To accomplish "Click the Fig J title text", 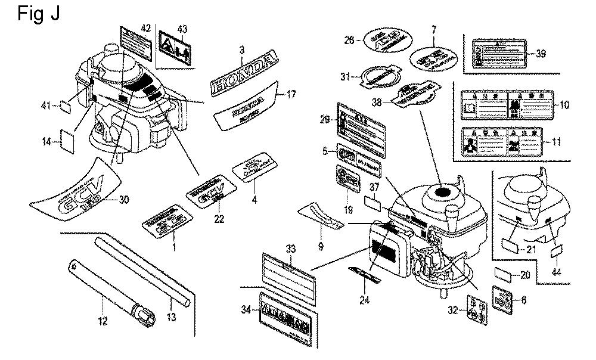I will tap(39, 13).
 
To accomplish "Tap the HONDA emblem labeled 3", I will tap(244, 73).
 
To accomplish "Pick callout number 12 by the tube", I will tap(103, 321).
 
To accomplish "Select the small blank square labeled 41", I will tap(66, 107).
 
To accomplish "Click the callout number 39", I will tap(541, 54).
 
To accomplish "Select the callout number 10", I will tap(564, 105).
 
